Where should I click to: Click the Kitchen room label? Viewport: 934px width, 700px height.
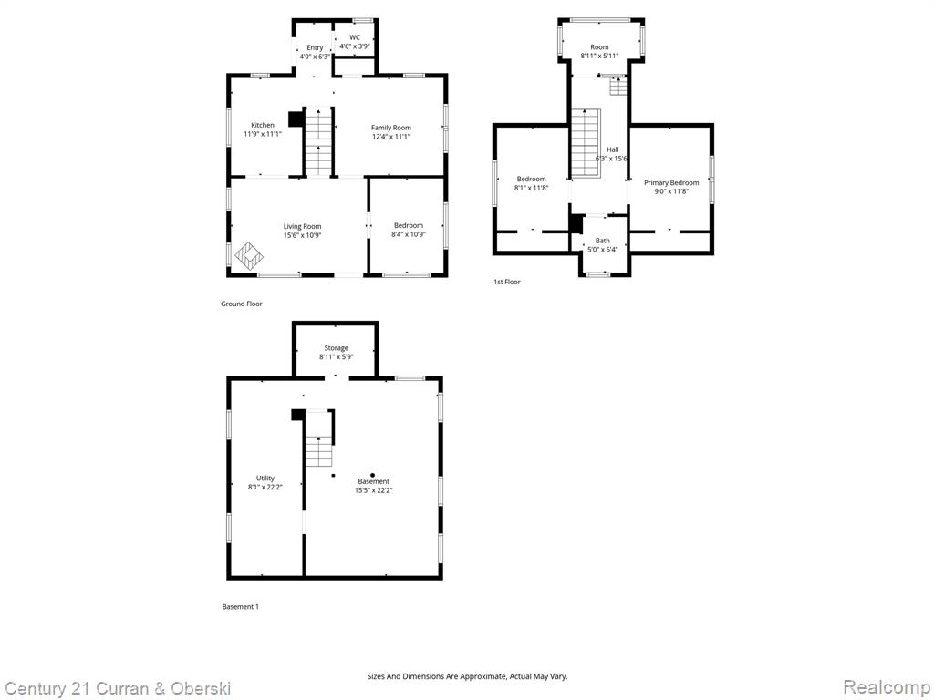[x=263, y=125]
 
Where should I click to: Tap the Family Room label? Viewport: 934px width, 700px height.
[x=390, y=128]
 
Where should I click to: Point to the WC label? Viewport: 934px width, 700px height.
[x=355, y=37]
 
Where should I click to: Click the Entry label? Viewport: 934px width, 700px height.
[x=315, y=47]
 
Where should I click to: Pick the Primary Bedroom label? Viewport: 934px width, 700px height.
[x=671, y=182]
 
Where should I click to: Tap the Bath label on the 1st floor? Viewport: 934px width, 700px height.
[x=603, y=241]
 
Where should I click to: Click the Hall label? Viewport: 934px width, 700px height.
[x=613, y=150]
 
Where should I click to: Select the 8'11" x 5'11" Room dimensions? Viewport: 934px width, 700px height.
[x=600, y=57]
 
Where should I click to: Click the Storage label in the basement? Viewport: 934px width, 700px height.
[x=336, y=348]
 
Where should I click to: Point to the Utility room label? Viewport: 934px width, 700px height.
[x=265, y=478]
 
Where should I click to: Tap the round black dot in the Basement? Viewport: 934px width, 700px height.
[x=372, y=475]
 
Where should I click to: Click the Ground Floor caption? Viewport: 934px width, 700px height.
[x=241, y=304]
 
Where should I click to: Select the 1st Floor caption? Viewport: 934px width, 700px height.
[x=507, y=282]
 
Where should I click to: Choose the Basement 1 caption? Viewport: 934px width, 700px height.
[x=241, y=606]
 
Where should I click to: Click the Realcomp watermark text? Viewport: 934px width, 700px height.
[x=887, y=687]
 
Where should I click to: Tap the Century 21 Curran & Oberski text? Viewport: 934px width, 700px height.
[x=117, y=689]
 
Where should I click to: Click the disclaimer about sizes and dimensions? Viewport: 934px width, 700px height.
[x=467, y=676]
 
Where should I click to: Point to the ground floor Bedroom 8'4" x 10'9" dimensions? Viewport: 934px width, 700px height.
[x=409, y=234]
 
